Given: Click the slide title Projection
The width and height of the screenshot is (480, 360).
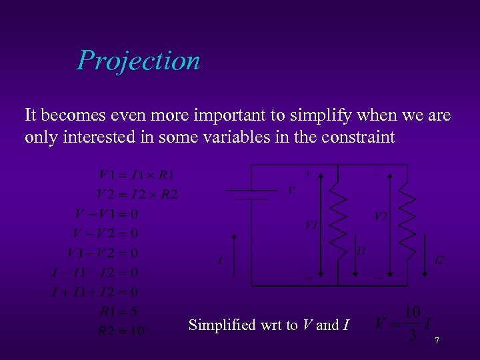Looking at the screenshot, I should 138,61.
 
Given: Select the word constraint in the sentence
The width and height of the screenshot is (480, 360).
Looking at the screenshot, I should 359,137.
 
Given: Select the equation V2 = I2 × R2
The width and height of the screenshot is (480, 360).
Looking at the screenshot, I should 137,195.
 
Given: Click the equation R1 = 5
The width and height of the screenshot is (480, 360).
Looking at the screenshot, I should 118,311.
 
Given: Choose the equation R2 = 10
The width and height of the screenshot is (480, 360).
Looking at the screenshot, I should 121,331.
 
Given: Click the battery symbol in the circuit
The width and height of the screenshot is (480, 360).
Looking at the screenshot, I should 247,194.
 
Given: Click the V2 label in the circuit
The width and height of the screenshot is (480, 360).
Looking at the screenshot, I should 380,216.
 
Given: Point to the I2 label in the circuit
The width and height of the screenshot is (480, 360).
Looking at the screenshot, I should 439,259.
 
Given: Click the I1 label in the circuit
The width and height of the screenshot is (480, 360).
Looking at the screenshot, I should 361,251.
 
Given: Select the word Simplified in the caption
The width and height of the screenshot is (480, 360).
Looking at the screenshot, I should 222,325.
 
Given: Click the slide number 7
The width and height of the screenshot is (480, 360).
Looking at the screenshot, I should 437,341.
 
